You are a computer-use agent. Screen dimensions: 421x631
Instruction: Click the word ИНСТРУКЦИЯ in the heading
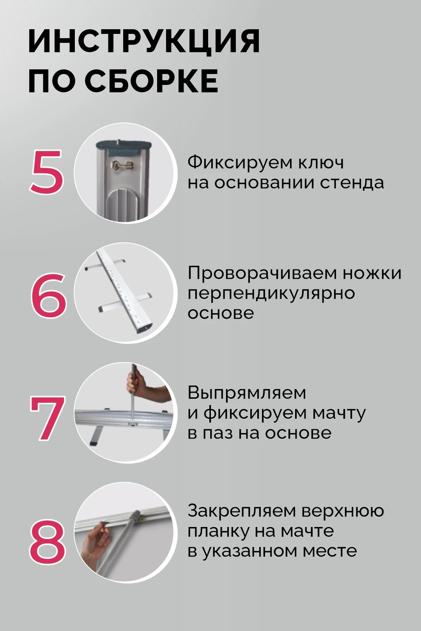pyautogui.click(x=144, y=41)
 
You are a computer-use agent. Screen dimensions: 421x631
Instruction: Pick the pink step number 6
pyautogui.click(x=48, y=294)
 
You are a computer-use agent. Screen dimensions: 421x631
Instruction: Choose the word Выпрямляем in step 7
pyautogui.click(x=247, y=393)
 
